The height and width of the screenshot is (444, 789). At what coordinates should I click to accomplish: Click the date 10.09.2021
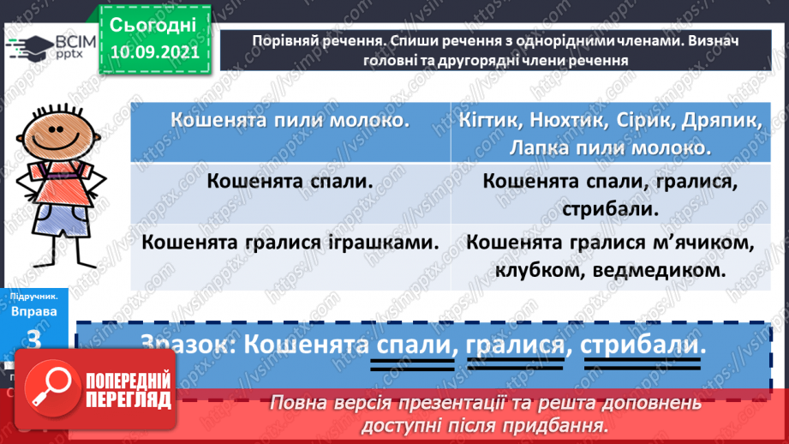pos(153,51)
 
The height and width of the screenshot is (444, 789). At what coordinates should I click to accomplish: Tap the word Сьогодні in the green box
pos(153,24)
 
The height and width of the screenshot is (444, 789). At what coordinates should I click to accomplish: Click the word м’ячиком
pos(708,243)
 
